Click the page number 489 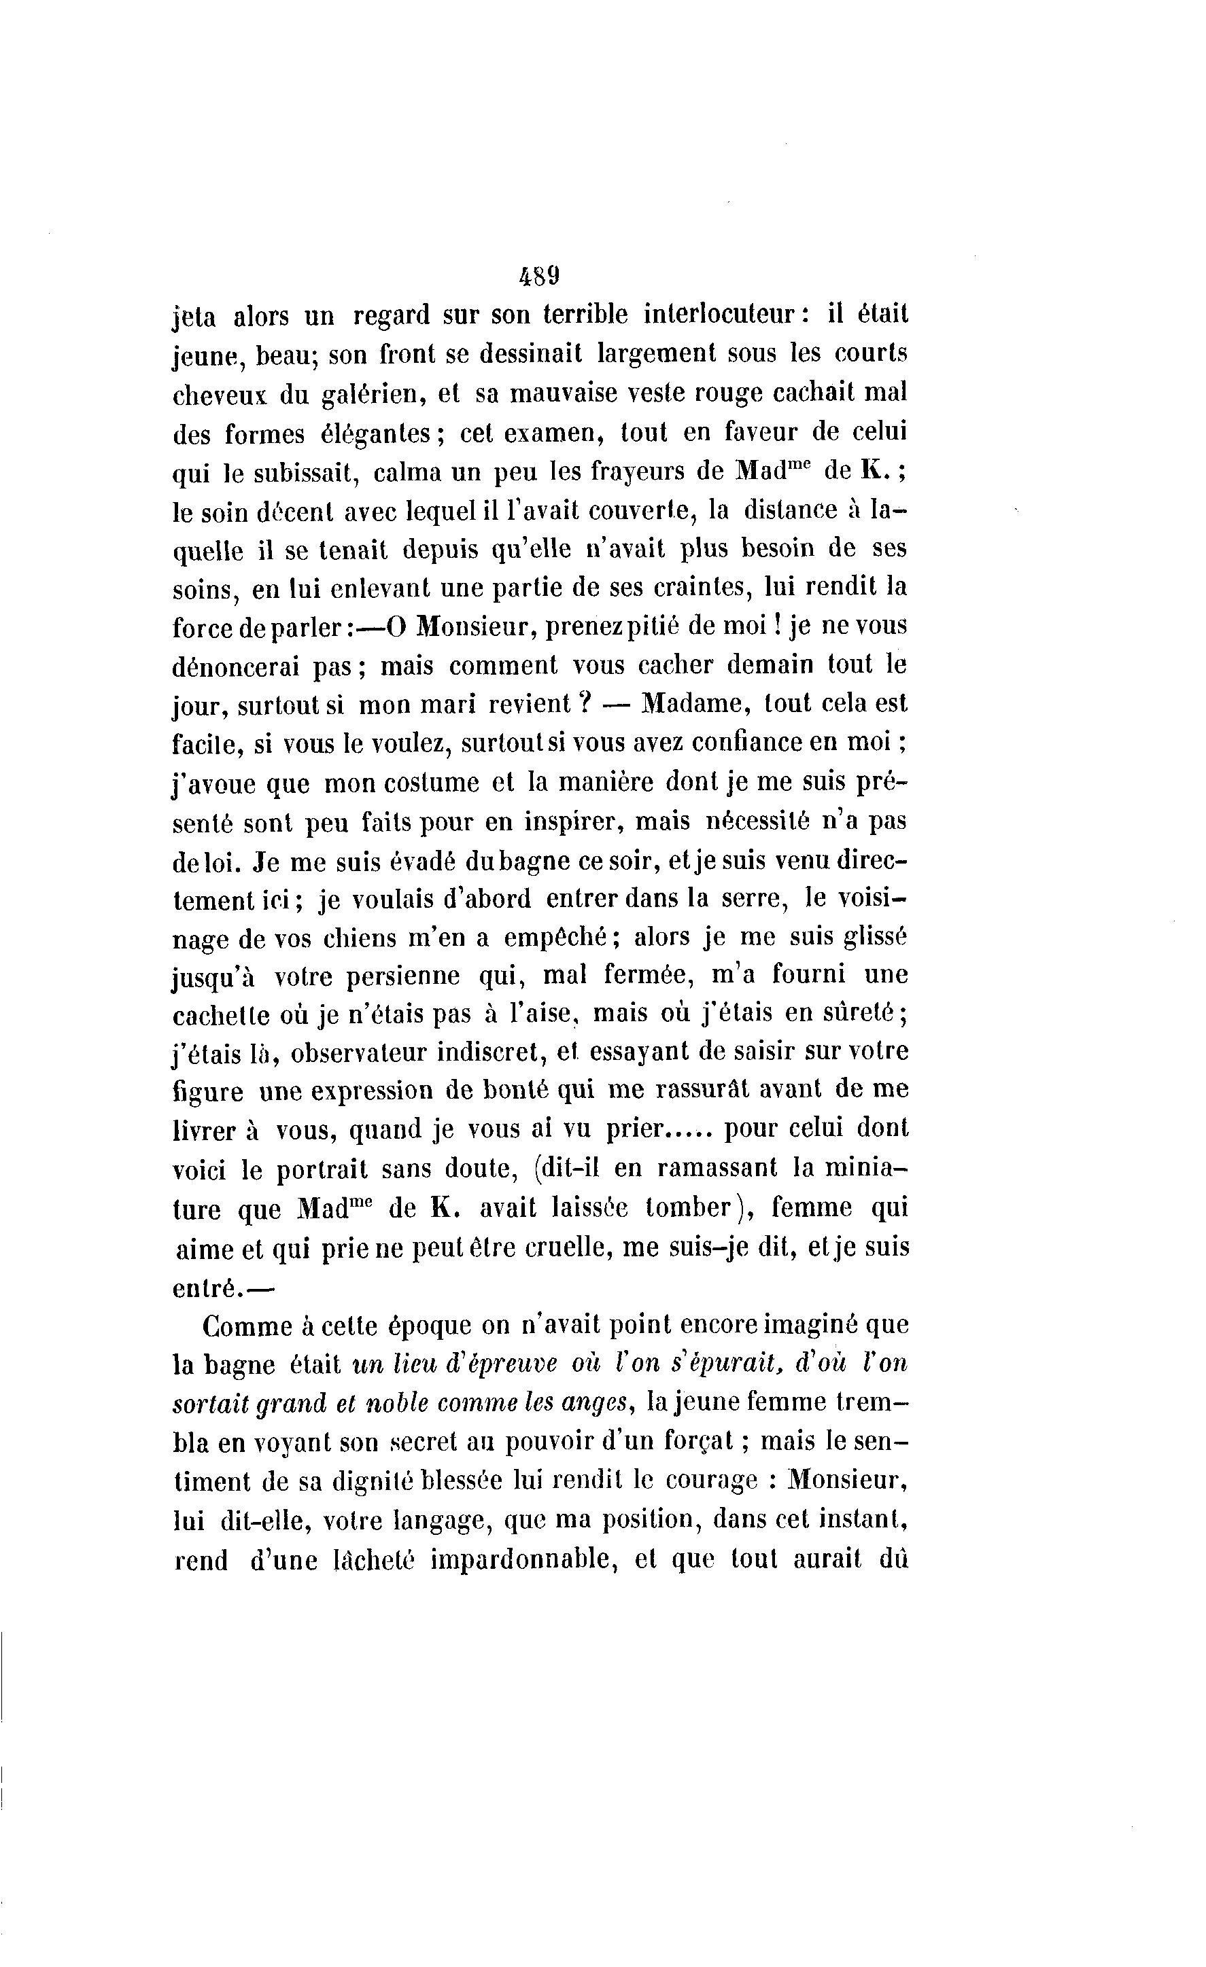point(539,277)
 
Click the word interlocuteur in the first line point(727,315)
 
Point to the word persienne point(407,976)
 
